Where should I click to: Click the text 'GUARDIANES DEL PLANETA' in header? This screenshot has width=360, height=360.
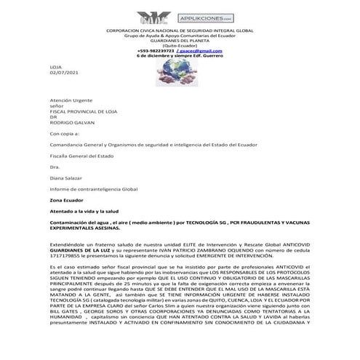tap(179, 41)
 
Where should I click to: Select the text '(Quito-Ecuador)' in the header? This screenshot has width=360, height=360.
tap(179, 46)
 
